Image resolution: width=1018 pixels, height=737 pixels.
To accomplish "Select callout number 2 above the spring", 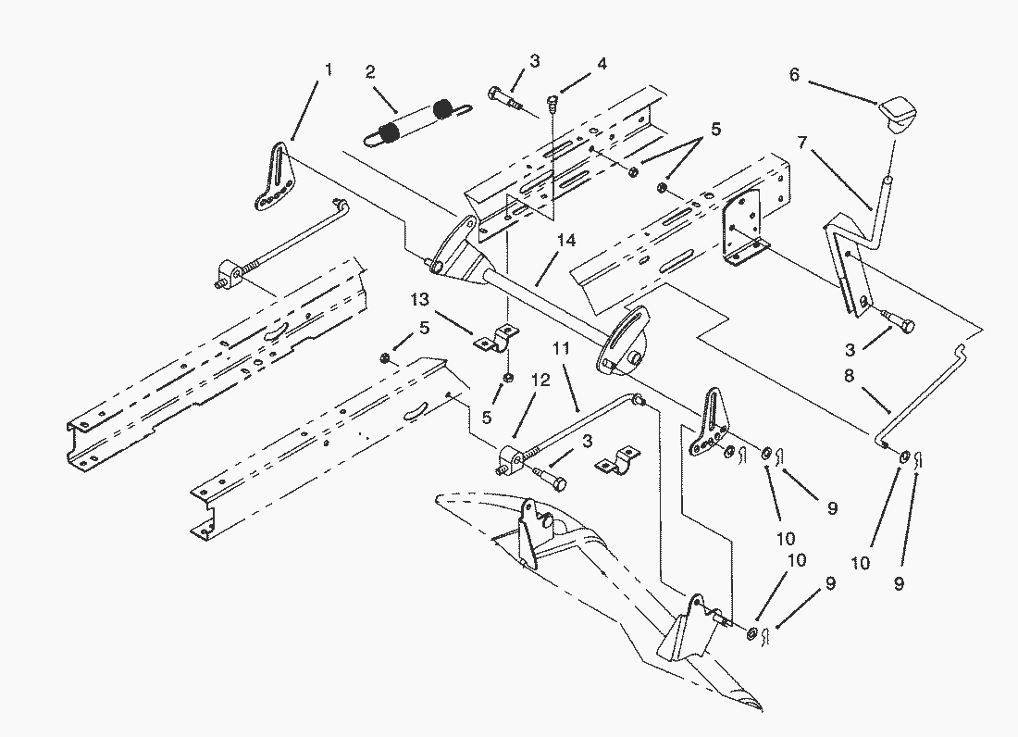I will coord(370,71).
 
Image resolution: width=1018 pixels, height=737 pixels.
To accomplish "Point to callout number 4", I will coord(602,65).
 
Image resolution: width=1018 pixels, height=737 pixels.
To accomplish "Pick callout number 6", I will coord(794,75).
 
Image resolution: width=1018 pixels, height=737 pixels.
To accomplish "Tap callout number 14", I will coord(565,241).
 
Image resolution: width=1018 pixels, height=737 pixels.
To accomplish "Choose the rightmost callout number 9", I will coord(900,584).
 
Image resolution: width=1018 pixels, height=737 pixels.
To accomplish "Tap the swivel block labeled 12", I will coord(513,457).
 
